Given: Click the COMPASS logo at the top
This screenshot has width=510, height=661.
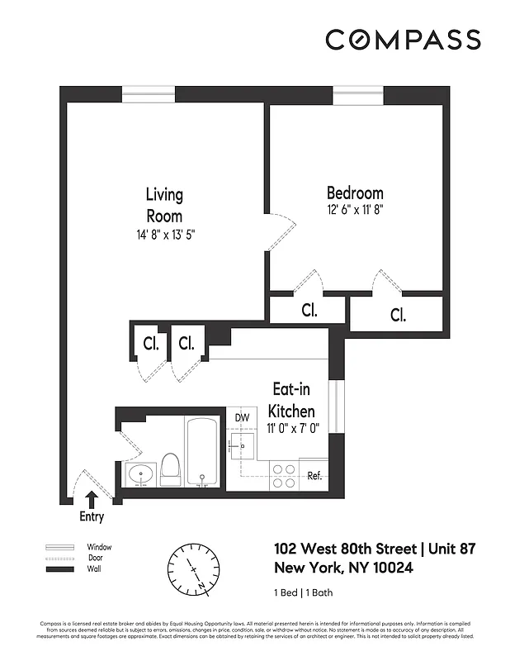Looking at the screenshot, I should point(402,39).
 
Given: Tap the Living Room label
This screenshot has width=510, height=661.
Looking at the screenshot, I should point(164,205).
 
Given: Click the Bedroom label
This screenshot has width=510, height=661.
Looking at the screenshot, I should point(355,193).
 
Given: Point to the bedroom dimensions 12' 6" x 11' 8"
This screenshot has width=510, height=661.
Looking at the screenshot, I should point(355,210).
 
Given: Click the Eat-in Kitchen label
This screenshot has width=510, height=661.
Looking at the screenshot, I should point(292,399).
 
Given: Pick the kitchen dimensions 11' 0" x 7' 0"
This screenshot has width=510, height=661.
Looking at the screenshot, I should point(292,427).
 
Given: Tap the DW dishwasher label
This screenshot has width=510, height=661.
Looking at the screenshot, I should point(242,418).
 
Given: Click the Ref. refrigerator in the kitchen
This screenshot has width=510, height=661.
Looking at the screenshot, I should point(314,476).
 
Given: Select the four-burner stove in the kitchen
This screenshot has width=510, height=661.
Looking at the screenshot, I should point(284,476).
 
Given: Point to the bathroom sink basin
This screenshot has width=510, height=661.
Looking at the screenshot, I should point(141,477).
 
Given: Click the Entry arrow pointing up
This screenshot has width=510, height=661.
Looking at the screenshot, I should point(92,499).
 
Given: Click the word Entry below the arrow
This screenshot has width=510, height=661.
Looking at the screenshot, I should point(92,517).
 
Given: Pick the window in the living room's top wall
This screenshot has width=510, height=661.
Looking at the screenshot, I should point(149,93).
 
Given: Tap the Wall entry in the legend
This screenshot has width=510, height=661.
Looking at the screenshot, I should point(97,570).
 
